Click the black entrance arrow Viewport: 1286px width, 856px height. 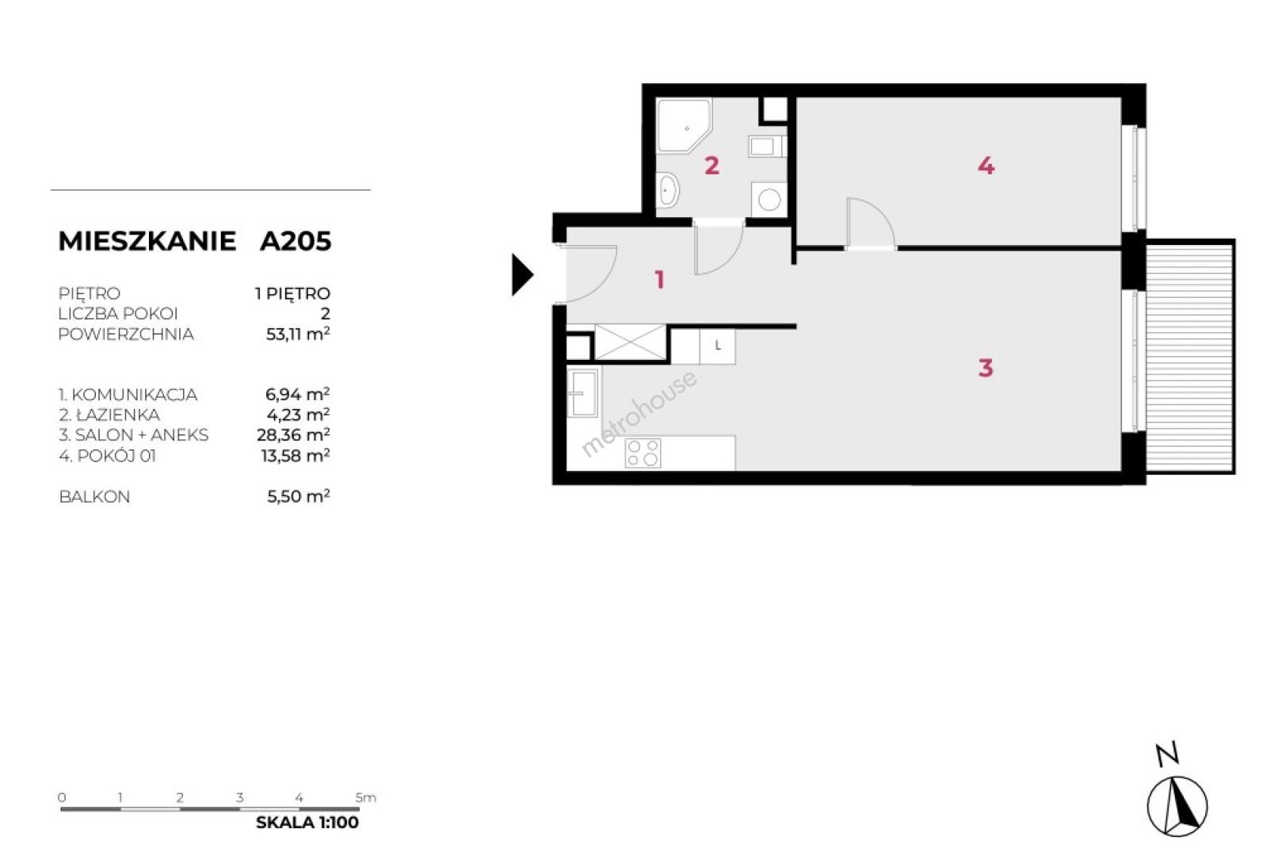[522, 275]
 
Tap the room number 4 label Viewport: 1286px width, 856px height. [986, 166]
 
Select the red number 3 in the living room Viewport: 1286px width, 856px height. [986, 368]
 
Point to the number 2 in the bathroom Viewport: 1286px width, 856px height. [712, 166]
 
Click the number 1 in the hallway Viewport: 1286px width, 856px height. [660, 280]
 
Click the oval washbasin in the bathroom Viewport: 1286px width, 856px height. [668, 190]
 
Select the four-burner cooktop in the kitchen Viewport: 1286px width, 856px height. [643, 453]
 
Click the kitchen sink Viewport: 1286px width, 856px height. [582, 393]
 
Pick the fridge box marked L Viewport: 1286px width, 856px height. [717, 346]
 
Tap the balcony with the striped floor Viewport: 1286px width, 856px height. [1190, 357]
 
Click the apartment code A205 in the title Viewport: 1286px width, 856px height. [295, 241]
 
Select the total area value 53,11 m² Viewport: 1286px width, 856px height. [298, 334]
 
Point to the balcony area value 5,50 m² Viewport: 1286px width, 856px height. [299, 496]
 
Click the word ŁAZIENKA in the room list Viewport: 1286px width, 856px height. [118, 415]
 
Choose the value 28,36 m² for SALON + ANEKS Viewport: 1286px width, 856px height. [293, 434]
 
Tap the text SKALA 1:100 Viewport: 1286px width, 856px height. [307, 822]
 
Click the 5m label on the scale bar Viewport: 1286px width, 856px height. [366, 797]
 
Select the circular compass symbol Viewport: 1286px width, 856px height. [1177, 806]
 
